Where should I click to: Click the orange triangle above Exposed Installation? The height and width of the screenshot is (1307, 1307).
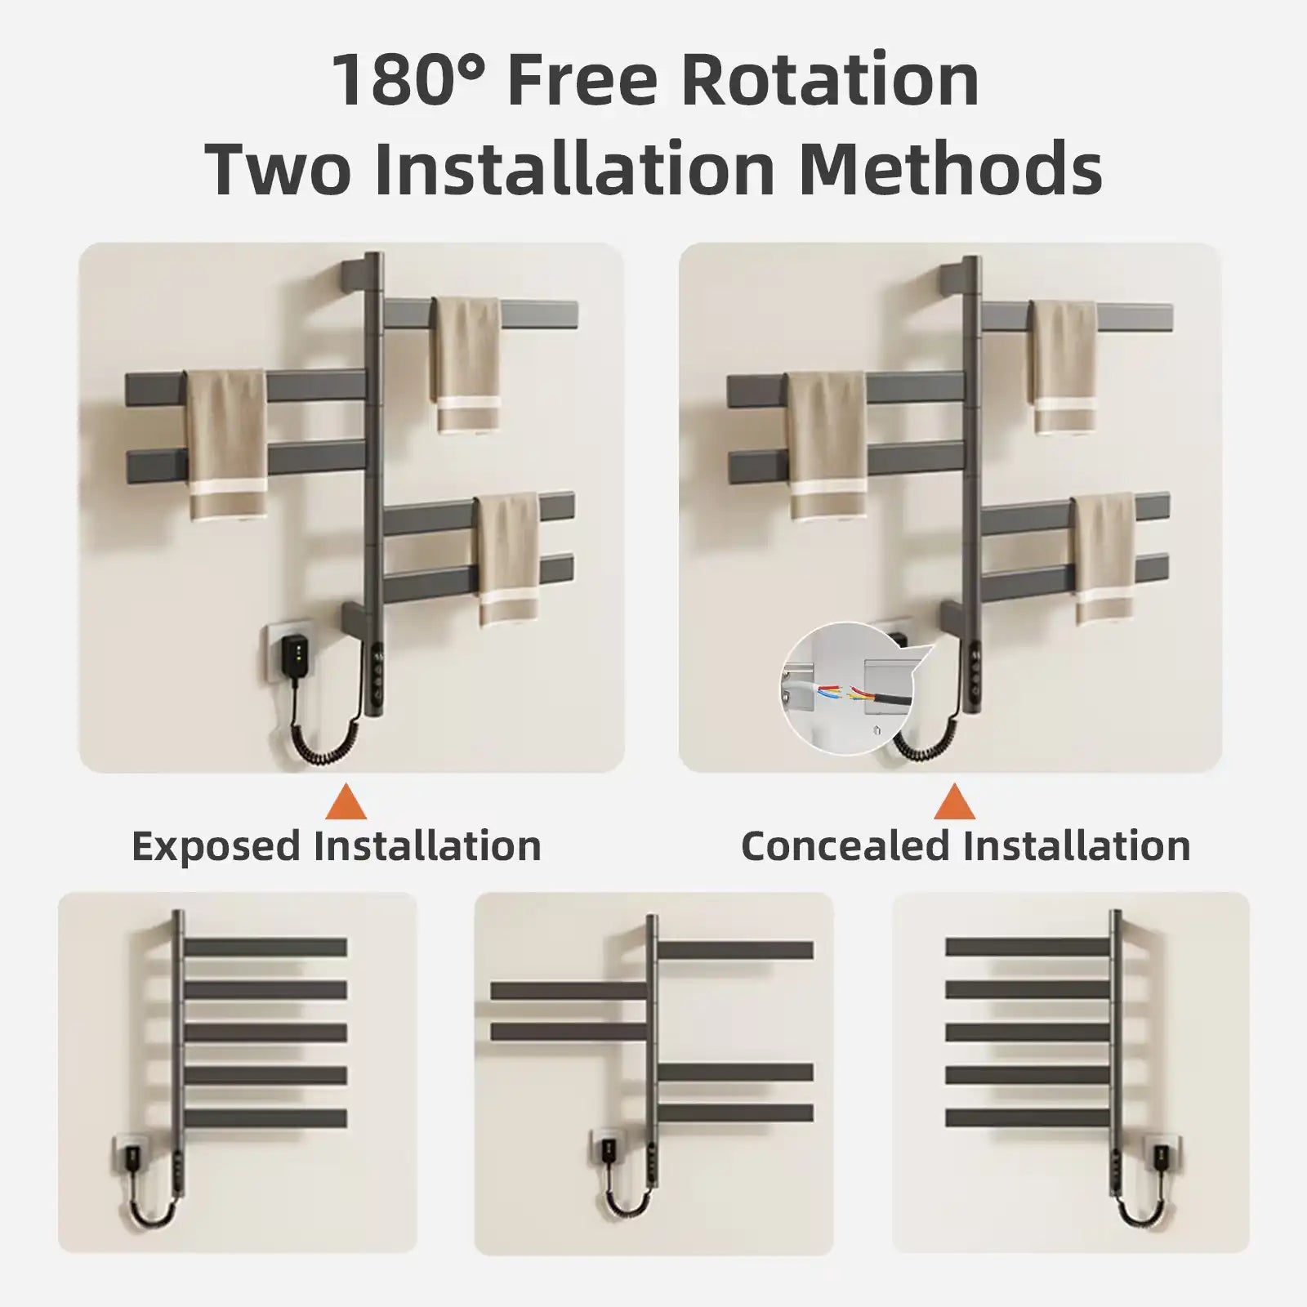tap(346, 802)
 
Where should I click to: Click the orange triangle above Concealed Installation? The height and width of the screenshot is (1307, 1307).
tap(954, 802)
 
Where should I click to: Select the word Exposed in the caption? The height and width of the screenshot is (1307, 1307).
tap(216, 845)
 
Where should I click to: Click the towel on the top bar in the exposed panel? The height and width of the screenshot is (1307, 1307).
tap(467, 364)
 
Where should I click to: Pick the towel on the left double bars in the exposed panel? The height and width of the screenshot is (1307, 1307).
tap(227, 445)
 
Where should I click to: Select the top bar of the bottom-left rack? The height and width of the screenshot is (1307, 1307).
tap(265, 948)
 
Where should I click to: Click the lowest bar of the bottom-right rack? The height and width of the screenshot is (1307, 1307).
tap(1028, 1116)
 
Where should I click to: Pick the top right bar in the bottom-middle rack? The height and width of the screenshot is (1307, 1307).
tap(735, 951)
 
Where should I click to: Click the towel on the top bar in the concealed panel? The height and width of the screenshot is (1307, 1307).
tap(1064, 365)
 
